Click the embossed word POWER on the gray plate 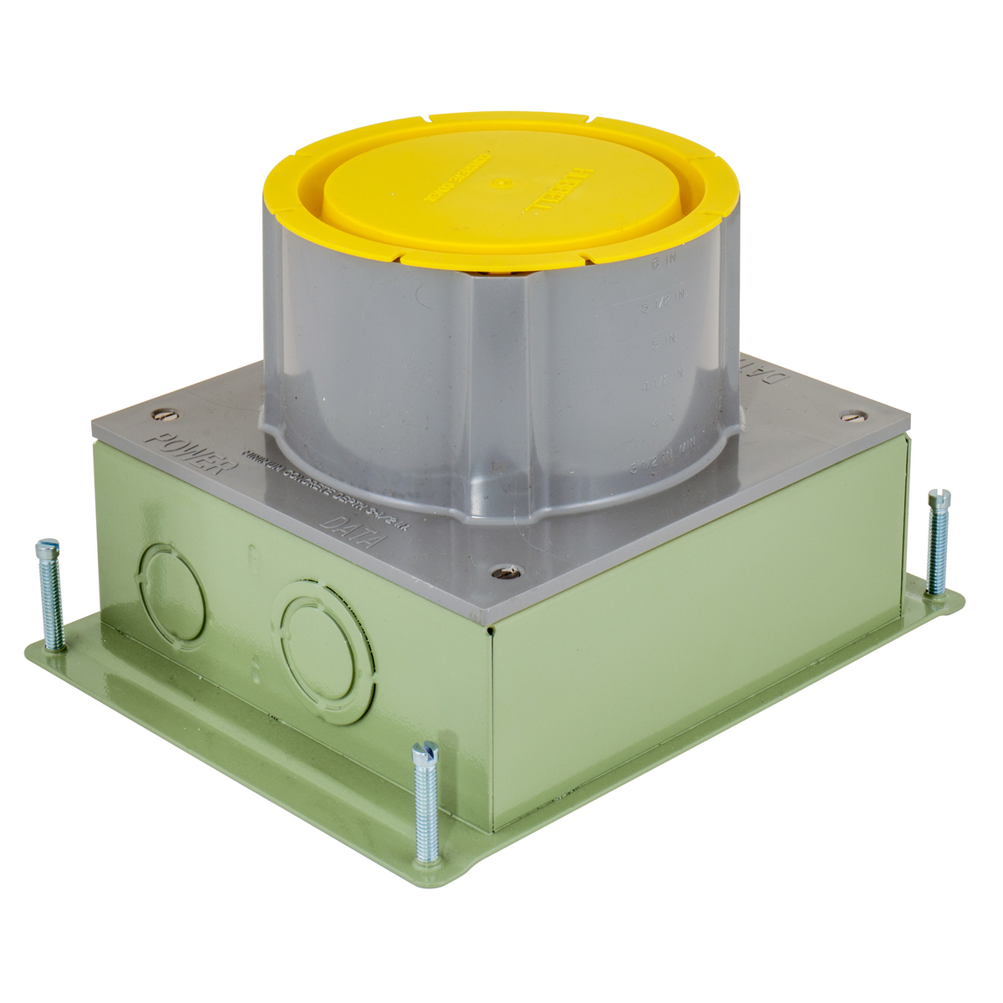[x=186, y=451]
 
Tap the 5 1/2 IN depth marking [x=664, y=305]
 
